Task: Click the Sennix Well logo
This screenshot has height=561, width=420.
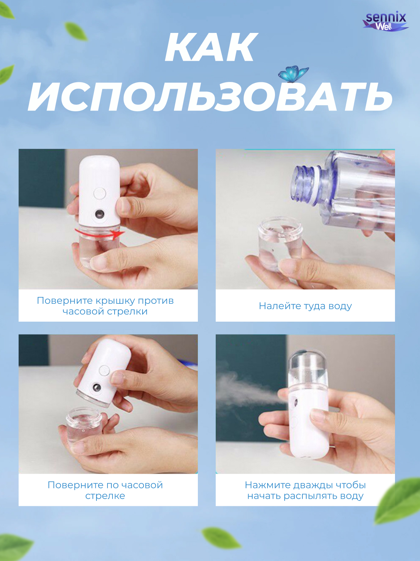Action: click(385, 21)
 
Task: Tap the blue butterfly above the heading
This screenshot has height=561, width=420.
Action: click(293, 74)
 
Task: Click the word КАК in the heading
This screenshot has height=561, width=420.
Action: click(211, 47)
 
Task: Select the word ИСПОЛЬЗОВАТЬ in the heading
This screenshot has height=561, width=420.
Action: click(210, 97)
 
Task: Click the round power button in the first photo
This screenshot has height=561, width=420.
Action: click(99, 193)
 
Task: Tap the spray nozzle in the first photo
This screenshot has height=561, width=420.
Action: click(99, 214)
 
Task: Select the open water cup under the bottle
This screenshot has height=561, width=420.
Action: click(280, 242)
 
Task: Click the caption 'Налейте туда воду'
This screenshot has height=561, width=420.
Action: click(305, 306)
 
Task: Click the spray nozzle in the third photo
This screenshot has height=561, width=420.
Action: click(96, 388)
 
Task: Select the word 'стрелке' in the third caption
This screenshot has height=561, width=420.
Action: click(105, 496)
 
